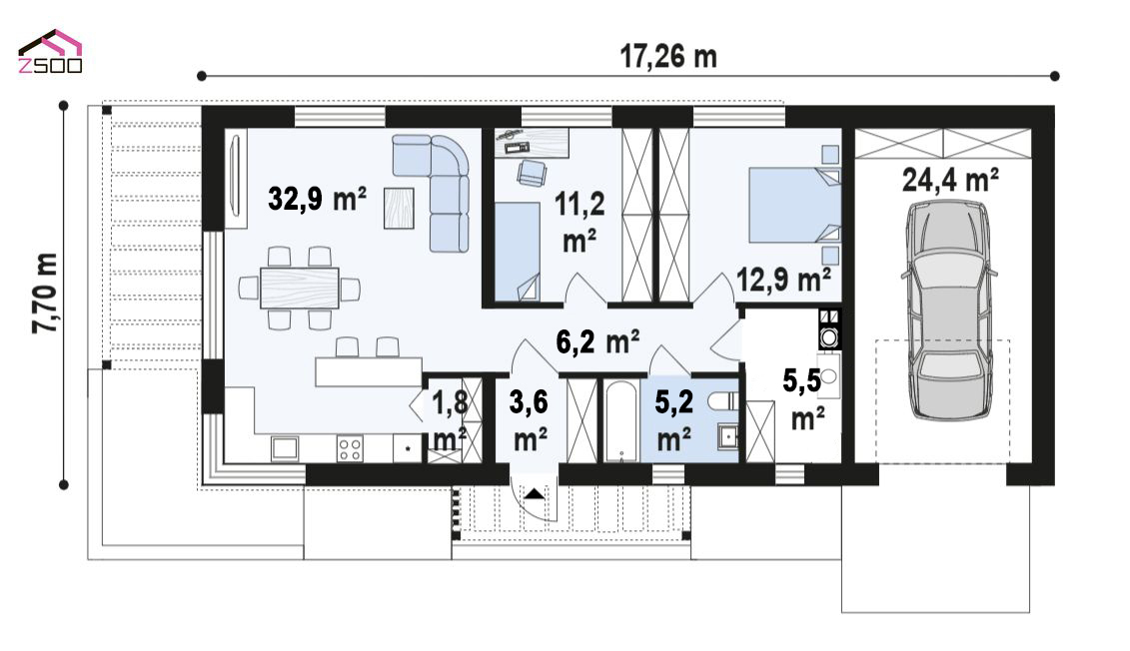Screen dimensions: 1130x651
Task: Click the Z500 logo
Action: click(x=50, y=52)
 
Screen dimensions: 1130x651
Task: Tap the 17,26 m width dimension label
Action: click(x=668, y=56)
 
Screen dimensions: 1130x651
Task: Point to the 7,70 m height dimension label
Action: click(x=45, y=294)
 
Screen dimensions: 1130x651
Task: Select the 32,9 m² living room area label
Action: click(x=317, y=198)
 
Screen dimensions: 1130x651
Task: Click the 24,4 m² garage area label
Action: click(x=950, y=180)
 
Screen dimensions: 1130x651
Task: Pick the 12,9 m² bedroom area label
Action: click(x=783, y=280)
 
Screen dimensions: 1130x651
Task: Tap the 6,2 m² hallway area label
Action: click(x=598, y=341)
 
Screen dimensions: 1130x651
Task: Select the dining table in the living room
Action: click(x=300, y=288)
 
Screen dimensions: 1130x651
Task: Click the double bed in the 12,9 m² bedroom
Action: click(x=795, y=205)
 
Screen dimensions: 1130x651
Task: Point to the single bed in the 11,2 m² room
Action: click(x=517, y=252)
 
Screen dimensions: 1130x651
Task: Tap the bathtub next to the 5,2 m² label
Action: click(x=619, y=421)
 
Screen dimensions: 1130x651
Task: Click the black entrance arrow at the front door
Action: click(x=534, y=494)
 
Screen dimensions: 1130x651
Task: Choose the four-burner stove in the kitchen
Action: click(x=351, y=448)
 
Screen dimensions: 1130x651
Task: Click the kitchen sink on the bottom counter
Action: click(x=285, y=448)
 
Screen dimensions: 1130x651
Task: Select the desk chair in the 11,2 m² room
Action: click(x=532, y=173)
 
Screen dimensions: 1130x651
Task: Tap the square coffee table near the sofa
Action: click(x=399, y=208)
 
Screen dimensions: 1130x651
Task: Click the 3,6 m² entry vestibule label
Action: click(x=529, y=419)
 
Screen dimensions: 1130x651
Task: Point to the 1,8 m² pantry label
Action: click(x=449, y=419)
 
